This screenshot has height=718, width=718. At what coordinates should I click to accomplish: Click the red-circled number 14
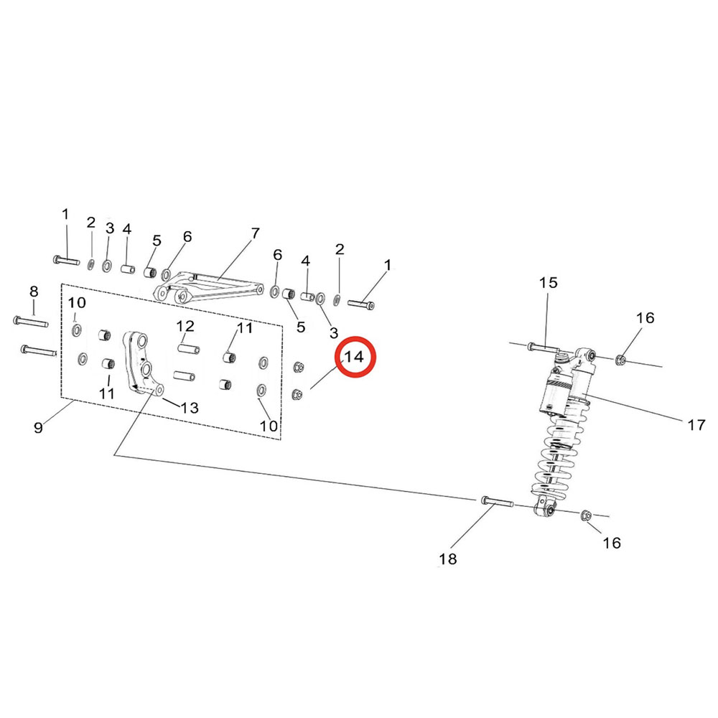(x=354, y=357)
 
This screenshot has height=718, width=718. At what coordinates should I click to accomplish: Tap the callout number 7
(x=255, y=233)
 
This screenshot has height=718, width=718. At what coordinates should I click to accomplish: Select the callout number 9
(x=39, y=427)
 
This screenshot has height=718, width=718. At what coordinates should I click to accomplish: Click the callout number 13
(x=189, y=408)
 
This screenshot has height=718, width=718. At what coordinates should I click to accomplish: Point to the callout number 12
(x=185, y=326)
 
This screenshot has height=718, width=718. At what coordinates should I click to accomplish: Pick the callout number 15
(x=548, y=282)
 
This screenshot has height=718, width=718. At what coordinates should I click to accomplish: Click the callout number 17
(x=696, y=425)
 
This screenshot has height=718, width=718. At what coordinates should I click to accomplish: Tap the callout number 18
(x=447, y=559)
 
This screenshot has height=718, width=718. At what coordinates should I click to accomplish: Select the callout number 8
(x=34, y=292)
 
